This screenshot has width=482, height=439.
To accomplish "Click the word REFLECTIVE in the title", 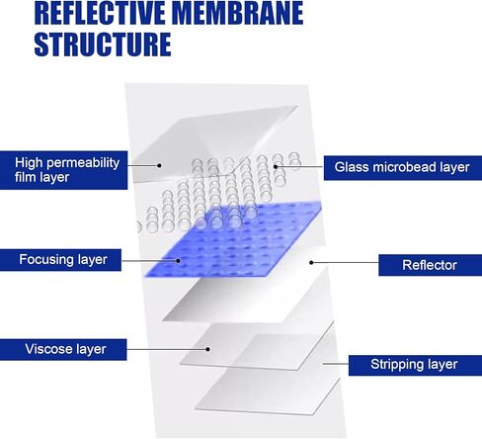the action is pos(101,13).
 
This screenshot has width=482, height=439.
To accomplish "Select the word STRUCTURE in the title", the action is pos(103,44).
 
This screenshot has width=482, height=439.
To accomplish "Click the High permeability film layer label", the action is pos(63,170).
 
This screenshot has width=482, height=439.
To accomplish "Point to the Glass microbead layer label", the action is pos(403,168).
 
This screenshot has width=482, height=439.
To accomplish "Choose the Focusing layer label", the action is pos(60,260).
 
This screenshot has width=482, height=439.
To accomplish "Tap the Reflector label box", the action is pos(430,265).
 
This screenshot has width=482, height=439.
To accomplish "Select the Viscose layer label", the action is pos(63,349).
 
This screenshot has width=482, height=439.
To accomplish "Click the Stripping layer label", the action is pos(415,365).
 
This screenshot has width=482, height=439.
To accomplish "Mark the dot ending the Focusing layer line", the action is pos(179,260).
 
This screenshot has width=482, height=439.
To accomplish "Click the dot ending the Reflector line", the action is pos(311,262).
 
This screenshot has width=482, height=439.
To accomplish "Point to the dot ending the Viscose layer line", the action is pos(208,349).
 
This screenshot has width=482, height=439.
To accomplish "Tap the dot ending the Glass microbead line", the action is pos(276,166).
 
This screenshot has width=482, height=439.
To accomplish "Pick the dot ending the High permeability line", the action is pos(159,165).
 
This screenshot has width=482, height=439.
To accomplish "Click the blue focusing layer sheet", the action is pos(234,239).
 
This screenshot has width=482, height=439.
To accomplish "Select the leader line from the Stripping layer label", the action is pos(336,364).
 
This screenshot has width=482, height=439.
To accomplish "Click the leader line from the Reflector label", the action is pos(345,263).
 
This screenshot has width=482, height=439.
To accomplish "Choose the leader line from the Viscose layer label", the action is pos(167,349).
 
